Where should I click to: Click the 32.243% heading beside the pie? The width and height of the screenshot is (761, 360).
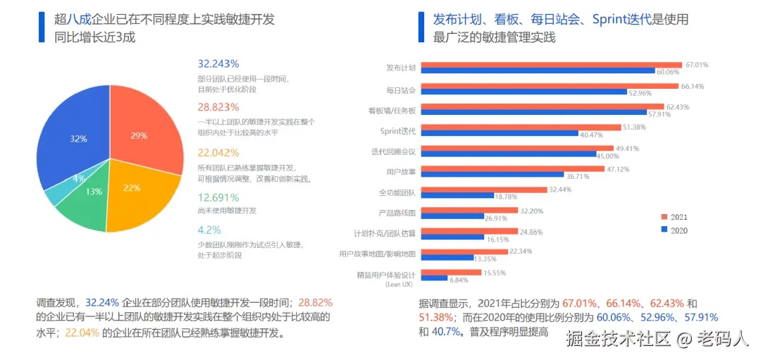pos(218,63)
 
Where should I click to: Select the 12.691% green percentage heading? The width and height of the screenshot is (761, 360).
pos(218,197)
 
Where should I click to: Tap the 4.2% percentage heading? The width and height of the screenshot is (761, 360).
pos(209,230)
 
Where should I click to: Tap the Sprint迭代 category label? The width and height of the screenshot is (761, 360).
pos(397,130)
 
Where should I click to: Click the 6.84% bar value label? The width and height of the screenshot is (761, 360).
pos(459,279)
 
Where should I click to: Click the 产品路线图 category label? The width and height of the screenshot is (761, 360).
pos(397,212)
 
